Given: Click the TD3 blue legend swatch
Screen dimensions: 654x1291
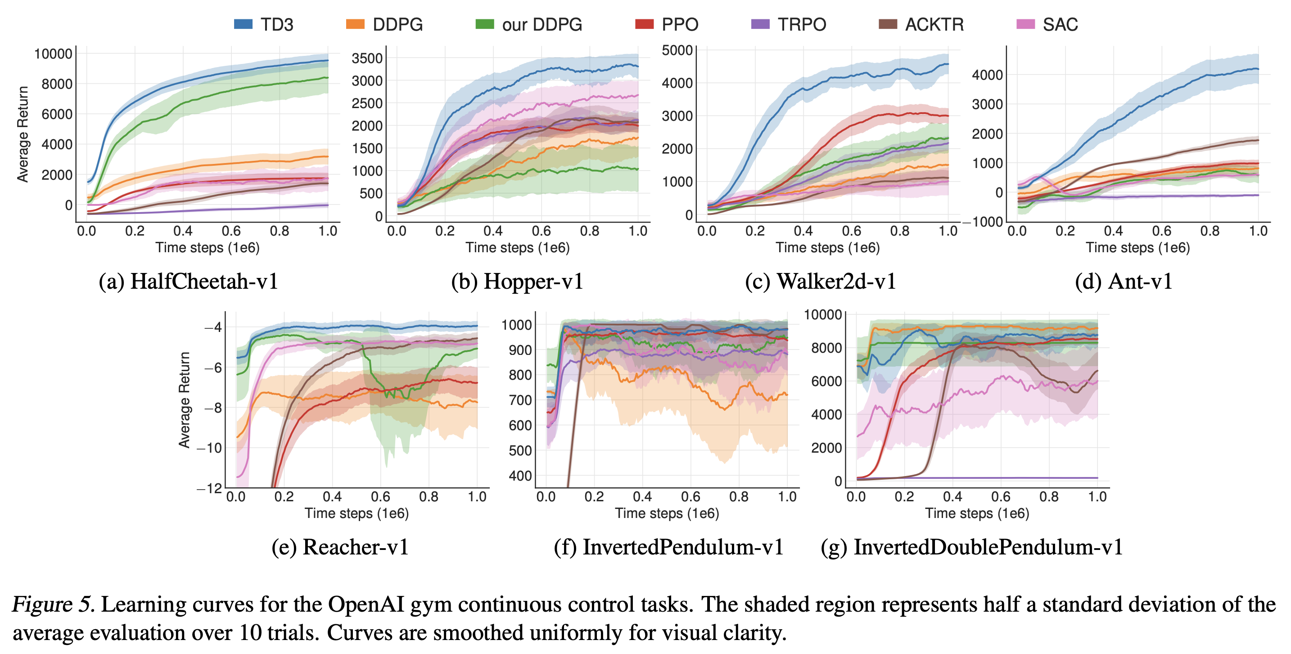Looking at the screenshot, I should (243, 24).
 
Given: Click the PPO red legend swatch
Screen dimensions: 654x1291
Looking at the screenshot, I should (644, 24).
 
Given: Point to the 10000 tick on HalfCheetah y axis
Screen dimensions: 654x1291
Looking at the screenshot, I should (53, 54).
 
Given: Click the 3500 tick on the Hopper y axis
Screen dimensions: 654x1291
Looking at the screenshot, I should (367, 58).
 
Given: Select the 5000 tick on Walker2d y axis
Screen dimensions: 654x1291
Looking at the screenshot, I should (677, 50).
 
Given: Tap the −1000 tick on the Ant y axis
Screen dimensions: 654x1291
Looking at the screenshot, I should (983, 222).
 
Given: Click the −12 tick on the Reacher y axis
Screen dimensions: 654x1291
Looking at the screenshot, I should (209, 488).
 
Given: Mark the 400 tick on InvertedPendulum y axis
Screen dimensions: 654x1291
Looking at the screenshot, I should (520, 476).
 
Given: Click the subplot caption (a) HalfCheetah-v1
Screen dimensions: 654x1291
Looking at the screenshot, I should (188, 282).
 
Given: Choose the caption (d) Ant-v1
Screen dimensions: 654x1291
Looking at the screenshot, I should (1124, 282).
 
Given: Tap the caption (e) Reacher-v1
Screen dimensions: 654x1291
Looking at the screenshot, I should (340, 547).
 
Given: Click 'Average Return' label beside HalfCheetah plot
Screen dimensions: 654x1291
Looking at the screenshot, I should (23, 134).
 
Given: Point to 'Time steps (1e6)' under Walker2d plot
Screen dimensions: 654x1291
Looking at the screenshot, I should (827, 247).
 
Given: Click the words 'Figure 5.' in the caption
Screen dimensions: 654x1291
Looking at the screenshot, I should (53, 604).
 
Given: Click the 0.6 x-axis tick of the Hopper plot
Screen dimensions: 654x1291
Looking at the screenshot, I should (541, 231).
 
